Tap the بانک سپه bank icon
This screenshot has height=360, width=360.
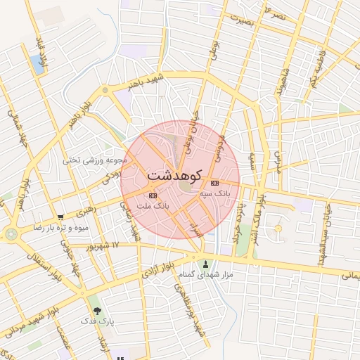(214, 183)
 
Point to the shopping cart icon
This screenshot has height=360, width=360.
(61, 217)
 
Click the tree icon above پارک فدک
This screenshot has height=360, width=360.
(97, 310)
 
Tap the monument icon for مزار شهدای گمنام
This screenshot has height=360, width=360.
(206, 265)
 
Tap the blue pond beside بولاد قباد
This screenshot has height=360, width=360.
(37, 64)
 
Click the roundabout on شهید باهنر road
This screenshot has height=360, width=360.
(105, 90)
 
